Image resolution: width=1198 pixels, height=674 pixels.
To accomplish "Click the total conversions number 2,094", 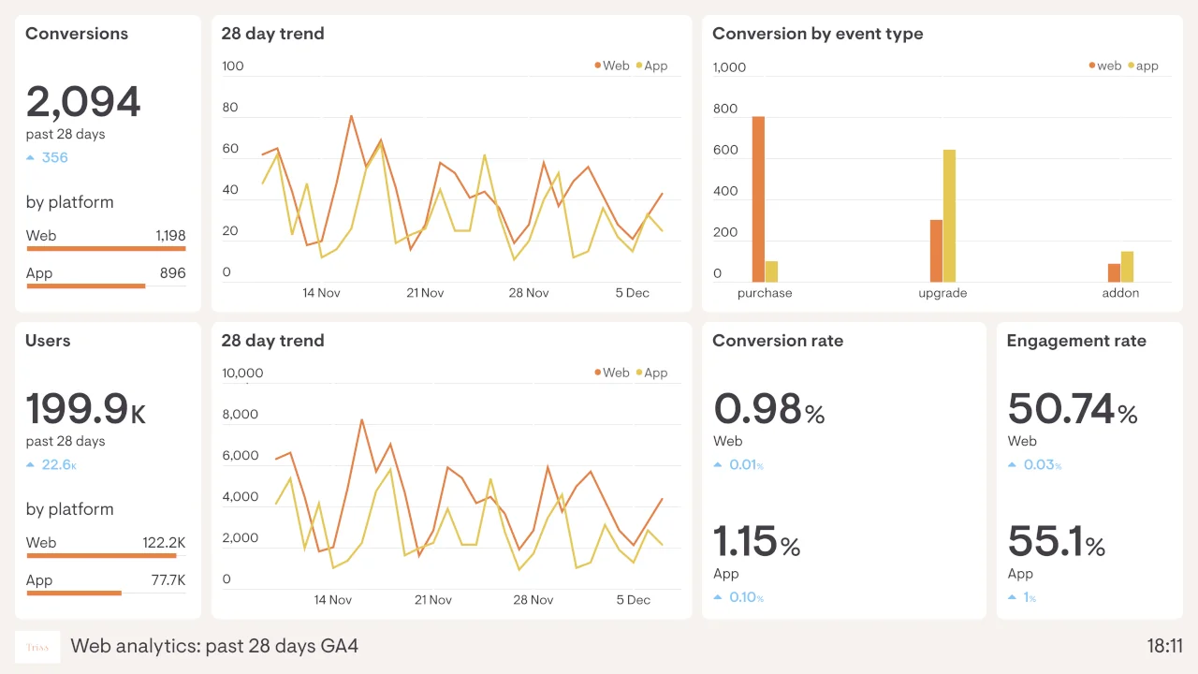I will click(x=82, y=102).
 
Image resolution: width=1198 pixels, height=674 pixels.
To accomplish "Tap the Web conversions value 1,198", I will click(x=170, y=236).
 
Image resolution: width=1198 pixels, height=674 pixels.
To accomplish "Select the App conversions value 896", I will click(x=172, y=273).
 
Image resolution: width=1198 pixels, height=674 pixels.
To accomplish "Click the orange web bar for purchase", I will click(x=758, y=199).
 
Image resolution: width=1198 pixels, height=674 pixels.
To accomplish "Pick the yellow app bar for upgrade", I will click(x=949, y=215).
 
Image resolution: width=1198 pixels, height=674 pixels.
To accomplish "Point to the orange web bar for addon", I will click(x=1114, y=272).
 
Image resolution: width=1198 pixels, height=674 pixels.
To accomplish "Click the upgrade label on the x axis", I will click(x=942, y=293).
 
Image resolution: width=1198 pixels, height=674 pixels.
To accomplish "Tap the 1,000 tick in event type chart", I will click(x=729, y=67).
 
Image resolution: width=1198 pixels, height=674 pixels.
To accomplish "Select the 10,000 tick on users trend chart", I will click(x=242, y=373).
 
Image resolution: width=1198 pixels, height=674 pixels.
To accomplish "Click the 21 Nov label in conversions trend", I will click(x=425, y=293).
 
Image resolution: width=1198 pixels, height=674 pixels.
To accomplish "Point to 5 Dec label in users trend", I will click(x=632, y=600).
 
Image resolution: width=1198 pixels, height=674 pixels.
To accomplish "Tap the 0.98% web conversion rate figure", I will click(x=768, y=410).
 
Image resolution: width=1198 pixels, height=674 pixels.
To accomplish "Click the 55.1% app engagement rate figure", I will click(x=1056, y=542).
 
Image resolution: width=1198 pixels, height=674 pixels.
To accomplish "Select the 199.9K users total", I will click(x=85, y=409).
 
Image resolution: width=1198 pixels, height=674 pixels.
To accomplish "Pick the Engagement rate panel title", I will click(x=1075, y=341).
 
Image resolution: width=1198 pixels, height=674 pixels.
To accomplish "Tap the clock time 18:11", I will click(x=1164, y=646).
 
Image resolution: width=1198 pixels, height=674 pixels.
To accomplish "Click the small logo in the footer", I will click(x=37, y=647).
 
